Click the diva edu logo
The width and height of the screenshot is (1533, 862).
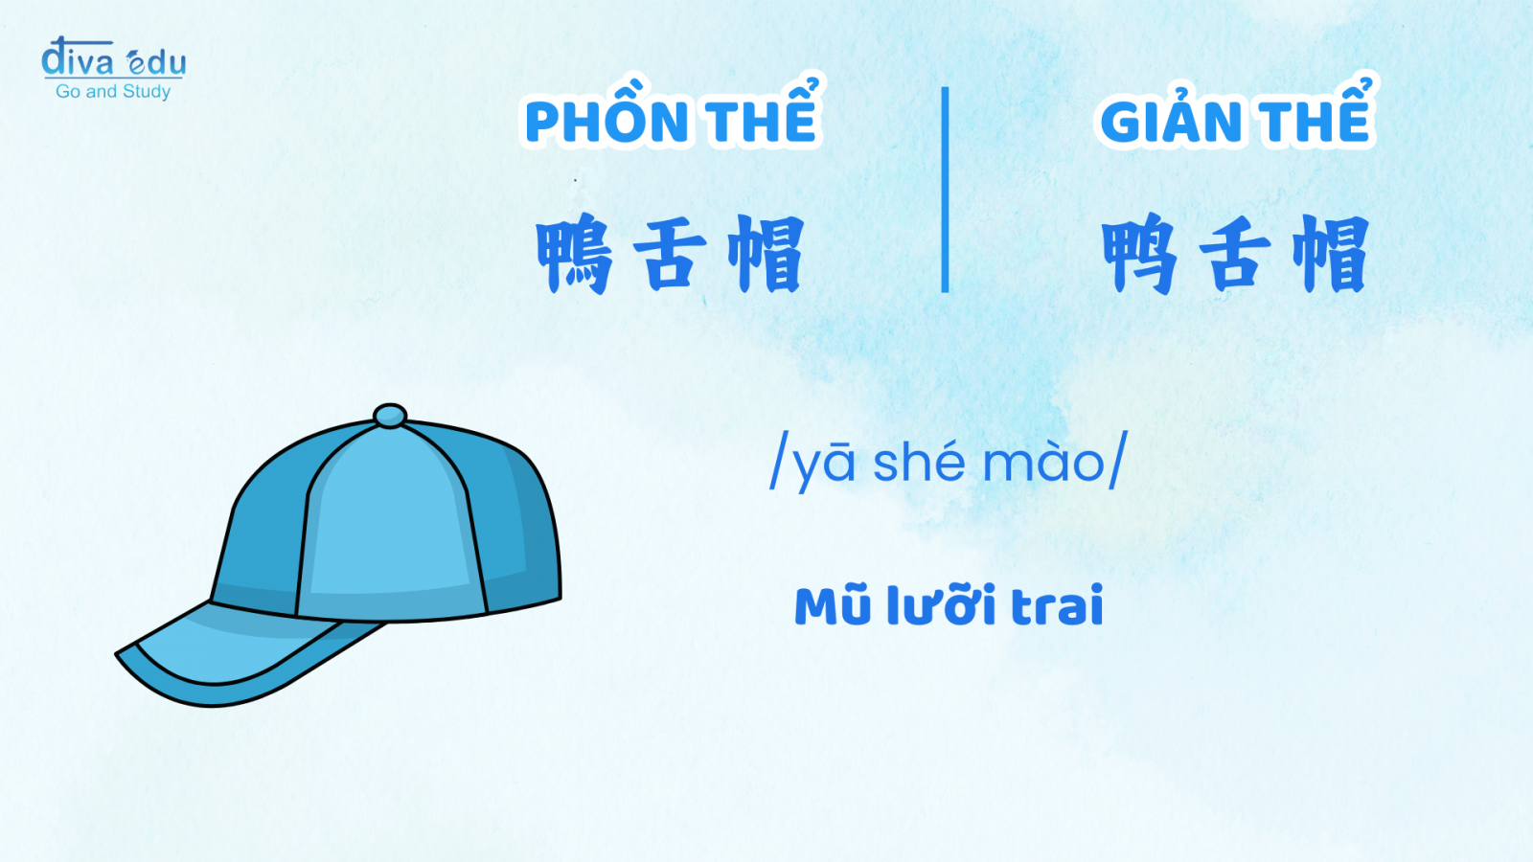click(114, 68)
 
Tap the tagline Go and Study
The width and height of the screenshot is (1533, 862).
click(113, 91)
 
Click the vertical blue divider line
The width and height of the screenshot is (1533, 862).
click(945, 190)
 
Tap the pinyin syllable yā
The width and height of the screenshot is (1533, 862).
click(819, 465)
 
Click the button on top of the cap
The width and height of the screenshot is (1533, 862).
click(390, 416)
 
